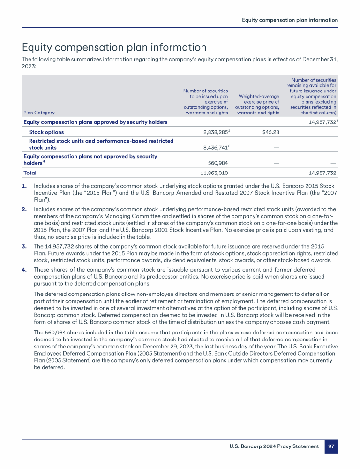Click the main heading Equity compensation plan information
coord(114,48)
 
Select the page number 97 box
coord(331,446)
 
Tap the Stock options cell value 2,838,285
coord(211,132)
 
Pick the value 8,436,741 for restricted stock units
coord(211,147)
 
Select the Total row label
coord(30,173)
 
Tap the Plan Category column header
coord(39,113)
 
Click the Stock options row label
coord(46,132)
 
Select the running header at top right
coord(290,20)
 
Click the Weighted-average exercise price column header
coord(257,104)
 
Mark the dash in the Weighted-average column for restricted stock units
coord(276,148)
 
